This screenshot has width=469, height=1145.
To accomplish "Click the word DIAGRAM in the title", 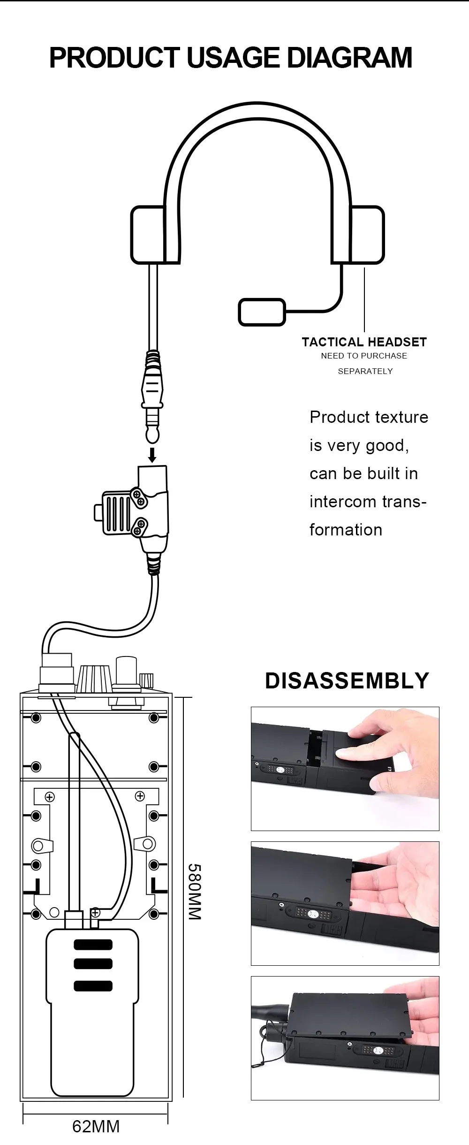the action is point(349,58).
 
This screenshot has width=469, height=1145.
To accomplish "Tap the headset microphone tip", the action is point(262,312).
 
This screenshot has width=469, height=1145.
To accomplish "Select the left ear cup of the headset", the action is point(148,235).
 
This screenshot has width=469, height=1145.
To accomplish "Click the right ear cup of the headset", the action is point(367,235).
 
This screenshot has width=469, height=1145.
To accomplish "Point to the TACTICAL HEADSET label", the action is point(364,342).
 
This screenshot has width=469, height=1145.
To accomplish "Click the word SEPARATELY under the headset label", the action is point(365,371).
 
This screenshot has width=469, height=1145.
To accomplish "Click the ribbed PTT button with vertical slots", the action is point(115,512).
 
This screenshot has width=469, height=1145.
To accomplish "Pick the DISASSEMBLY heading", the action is point(347,680).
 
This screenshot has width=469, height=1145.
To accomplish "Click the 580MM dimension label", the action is point(195,891).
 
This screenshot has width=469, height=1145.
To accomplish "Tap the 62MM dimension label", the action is point(96,1126).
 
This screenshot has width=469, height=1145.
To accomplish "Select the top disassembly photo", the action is point(345,769).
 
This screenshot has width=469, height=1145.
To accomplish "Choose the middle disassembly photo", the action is point(345,903).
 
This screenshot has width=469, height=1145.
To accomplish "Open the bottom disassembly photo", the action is point(345,1038).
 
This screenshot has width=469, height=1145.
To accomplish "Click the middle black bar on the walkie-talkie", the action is point(93,964).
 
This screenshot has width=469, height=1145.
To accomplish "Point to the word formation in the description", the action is point(346,530).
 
